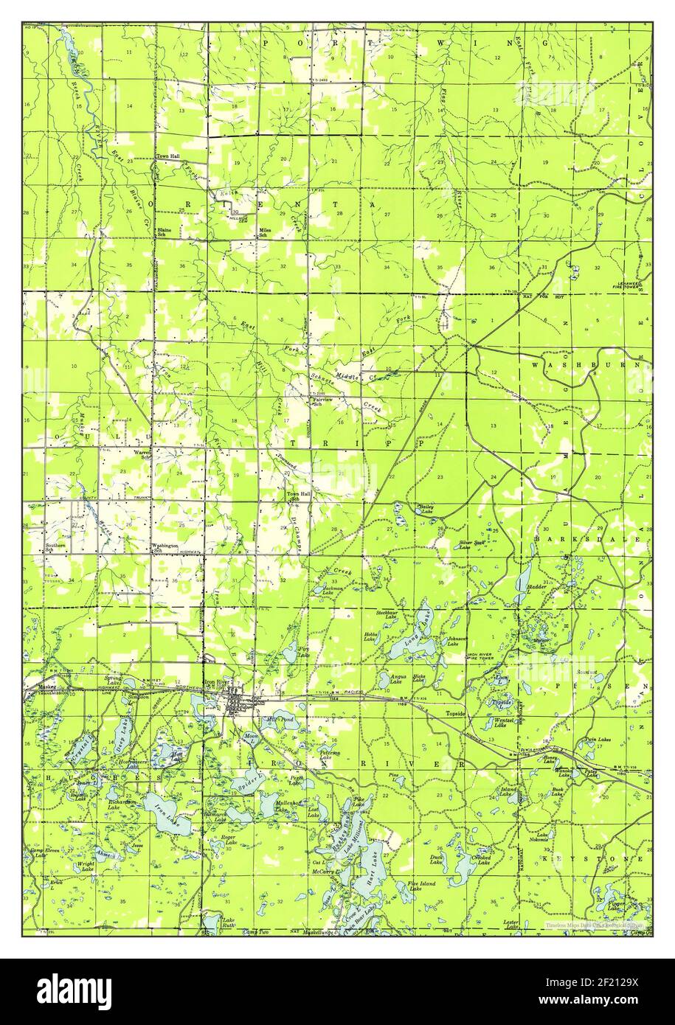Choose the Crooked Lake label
pos(482,860)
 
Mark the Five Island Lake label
pos(421,886)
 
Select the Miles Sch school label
pos(264,233)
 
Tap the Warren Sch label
pos(142,454)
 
